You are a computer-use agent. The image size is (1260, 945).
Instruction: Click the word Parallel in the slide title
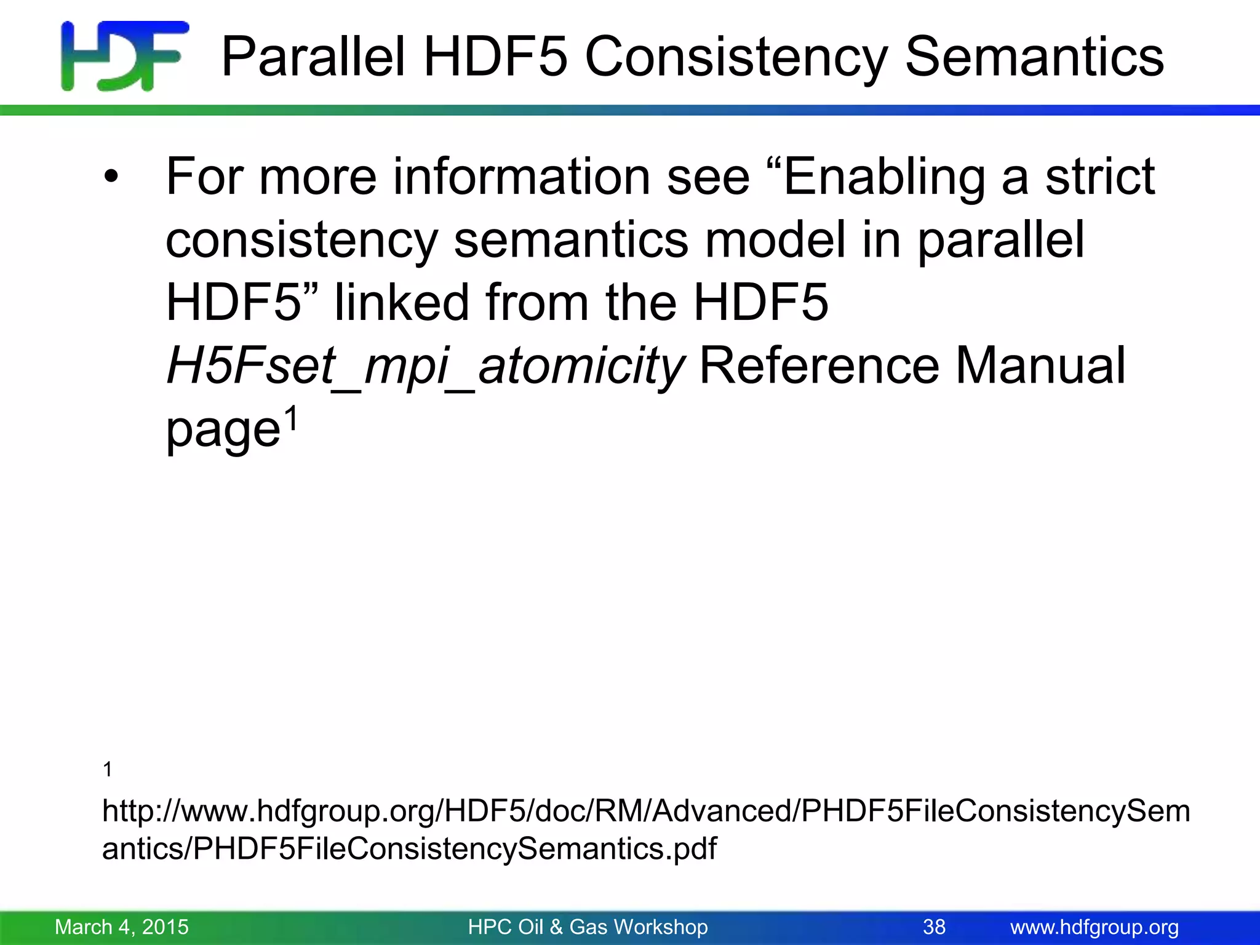[x=313, y=57]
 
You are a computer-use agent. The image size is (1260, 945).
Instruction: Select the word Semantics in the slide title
[x=1034, y=57]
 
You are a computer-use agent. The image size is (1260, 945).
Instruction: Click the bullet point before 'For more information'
[x=111, y=178]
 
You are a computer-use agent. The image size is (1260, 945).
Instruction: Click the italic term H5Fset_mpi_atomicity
[x=425, y=366]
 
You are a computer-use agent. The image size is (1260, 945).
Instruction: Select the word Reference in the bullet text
[x=819, y=366]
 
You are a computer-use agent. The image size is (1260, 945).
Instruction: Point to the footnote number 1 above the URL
[x=108, y=769]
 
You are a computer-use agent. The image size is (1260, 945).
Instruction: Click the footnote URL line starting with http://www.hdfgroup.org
[x=646, y=811]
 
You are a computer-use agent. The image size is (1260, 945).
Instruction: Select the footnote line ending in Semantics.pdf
[x=409, y=849]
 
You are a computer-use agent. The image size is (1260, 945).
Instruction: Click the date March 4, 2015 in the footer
[x=122, y=927]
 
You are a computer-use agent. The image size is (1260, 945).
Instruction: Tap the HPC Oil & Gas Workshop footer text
[x=588, y=927]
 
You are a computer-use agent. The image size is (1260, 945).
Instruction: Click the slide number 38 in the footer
[x=934, y=927]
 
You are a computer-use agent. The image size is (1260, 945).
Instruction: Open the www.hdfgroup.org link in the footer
[x=1095, y=927]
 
